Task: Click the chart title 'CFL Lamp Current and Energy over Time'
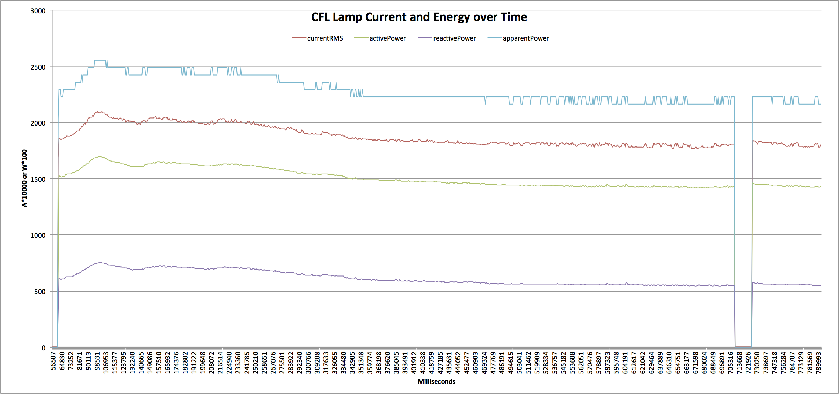click(x=419, y=17)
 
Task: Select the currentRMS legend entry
click(x=324, y=38)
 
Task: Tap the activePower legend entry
click(x=387, y=38)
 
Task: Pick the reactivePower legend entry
click(x=454, y=38)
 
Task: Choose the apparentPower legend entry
click(x=525, y=38)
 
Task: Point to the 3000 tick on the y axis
click(x=38, y=11)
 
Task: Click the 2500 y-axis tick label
click(x=38, y=67)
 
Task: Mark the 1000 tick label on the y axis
click(x=38, y=235)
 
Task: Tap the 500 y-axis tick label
click(x=39, y=292)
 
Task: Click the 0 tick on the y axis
click(x=43, y=348)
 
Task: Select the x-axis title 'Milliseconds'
click(x=436, y=381)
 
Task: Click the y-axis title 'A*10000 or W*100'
click(x=24, y=178)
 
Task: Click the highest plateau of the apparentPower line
click(x=100, y=60)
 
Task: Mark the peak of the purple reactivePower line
click(x=100, y=262)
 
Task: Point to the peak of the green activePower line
click(x=100, y=157)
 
